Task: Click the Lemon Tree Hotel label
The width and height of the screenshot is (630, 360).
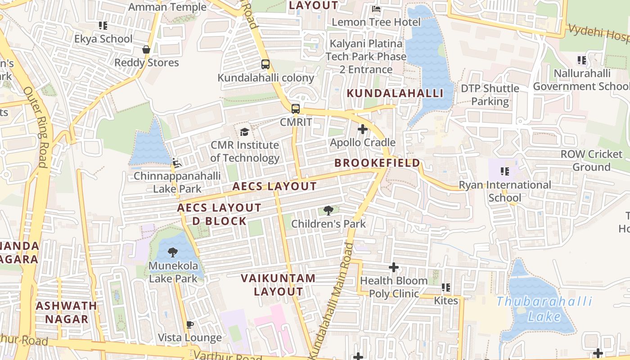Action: (x=376, y=22)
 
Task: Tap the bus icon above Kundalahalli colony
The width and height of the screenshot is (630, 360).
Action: (x=265, y=64)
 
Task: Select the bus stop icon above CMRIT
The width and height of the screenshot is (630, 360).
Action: (x=295, y=108)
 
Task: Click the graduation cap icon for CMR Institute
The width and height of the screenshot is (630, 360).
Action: (x=244, y=132)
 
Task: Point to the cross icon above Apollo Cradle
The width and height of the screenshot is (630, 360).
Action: (x=362, y=130)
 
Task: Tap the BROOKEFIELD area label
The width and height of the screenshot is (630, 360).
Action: (x=377, y=163)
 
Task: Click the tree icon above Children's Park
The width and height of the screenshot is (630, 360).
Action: (x=328, y=210)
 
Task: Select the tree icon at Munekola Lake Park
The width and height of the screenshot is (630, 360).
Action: (x=173, y=252)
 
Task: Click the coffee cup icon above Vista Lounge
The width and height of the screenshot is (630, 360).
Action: (x=189, y=324)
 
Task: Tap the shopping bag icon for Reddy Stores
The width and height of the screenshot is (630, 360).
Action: (x=146, y=49)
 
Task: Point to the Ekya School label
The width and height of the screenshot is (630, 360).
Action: (x=103, y=39)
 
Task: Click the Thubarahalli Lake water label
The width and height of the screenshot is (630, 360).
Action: (x=544, y=309)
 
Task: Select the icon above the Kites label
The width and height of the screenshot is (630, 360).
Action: (x=446, y=287)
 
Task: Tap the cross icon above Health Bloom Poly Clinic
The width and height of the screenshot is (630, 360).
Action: (x=394, y=268)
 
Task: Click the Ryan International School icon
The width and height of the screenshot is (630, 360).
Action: (x=504, y=171)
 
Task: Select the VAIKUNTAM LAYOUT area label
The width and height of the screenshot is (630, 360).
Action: (x=278, y=285)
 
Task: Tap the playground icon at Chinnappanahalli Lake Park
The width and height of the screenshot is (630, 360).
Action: (x=177, y=162)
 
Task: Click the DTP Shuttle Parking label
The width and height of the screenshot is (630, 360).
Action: (x=490, y=95)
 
